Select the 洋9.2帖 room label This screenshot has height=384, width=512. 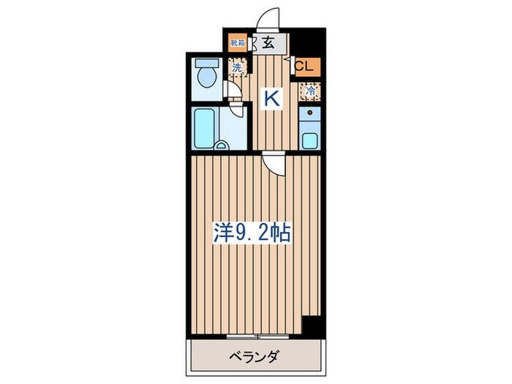(x=252, y=234)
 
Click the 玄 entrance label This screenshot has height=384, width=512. (x=268, y=42)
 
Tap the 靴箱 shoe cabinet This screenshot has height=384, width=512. (x=238, y=43)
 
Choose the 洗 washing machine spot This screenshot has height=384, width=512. (x=238, y=68)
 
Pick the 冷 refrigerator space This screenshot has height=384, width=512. (x=311, y=92)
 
